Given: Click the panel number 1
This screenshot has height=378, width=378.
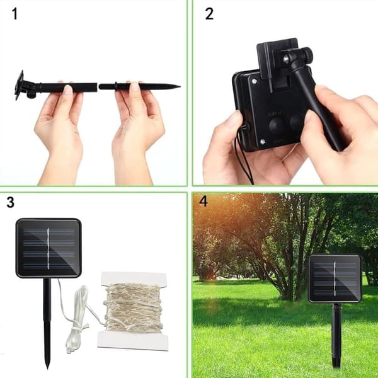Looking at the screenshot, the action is click(x=14, y=14).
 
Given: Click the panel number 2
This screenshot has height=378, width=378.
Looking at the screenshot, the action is click(x=209, y=14).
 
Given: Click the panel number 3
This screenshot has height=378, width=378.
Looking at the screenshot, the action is click(x=10, y=202).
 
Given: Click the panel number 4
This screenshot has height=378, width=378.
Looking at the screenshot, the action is click(x=203, y=202).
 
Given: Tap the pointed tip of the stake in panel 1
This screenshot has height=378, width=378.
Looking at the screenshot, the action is click(x=180, y=86).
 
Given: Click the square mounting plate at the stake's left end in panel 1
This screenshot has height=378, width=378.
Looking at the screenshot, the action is click(x=20, y=85).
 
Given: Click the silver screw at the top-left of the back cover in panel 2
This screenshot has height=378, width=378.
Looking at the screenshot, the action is click(x=255, y=81).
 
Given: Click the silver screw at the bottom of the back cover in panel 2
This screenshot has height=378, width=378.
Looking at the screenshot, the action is click(x=263, y=142).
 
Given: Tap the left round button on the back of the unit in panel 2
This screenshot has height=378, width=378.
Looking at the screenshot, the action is click(x=276, y=125).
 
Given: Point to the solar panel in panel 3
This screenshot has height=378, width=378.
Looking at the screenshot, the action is click(x=49, y=248).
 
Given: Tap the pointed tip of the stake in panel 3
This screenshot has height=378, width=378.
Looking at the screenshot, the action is click(x=47, y=367).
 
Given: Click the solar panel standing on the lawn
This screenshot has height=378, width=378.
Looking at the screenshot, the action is click(x=335, y=278).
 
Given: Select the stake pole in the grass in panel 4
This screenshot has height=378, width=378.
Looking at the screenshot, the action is click(x=336, y=335).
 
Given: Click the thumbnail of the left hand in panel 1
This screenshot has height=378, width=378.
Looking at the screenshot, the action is click(x=68, y=89).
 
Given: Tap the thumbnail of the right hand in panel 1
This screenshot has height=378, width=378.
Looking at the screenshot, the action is click(x=135, y=87).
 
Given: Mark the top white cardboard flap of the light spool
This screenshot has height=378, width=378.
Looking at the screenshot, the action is click(x=134, y=278).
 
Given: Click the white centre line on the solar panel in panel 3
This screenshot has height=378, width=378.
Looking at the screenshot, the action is click(x=49, y=248).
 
